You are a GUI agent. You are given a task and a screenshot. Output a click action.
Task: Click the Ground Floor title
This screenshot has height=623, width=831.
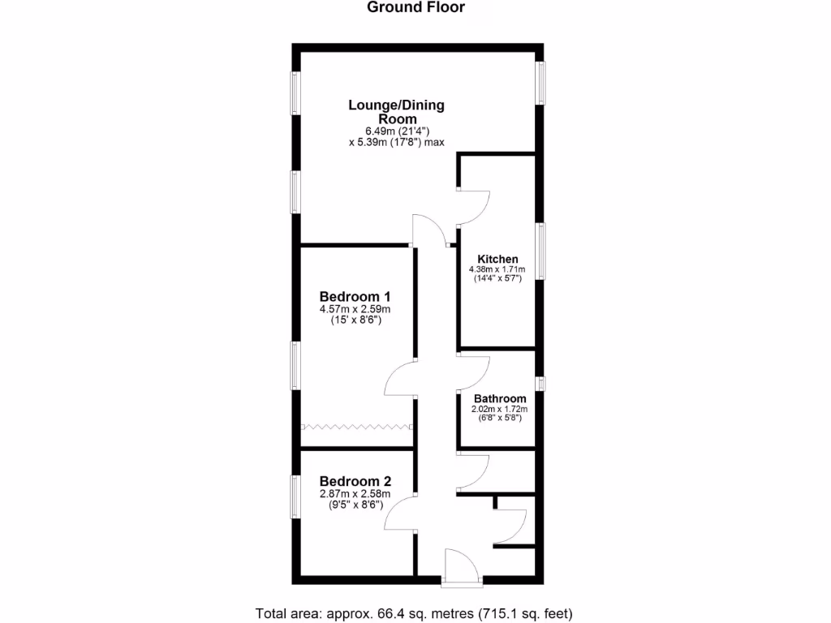click(x=415, y=8)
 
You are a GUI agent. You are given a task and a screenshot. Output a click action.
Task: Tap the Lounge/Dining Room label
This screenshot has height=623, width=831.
click(x=397, y=112)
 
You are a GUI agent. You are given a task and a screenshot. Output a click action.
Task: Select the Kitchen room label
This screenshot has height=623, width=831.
click(x=497, y=259)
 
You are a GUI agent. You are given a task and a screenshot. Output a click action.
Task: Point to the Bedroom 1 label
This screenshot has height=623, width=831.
click(x=355, y=295)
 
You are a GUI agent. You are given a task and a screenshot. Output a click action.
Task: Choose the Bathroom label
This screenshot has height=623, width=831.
click(x=500, y=398)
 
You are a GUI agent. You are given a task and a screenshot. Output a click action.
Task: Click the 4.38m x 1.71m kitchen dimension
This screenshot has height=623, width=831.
click(x=497, y=270)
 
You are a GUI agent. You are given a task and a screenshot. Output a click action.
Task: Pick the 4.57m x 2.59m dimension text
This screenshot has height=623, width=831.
click(x=355, y=309)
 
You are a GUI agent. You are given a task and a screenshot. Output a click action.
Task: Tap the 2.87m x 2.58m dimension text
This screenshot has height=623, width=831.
click(x=355, y=493)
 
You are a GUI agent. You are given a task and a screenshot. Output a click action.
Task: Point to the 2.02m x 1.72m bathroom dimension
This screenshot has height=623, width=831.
click(x=500, y=409)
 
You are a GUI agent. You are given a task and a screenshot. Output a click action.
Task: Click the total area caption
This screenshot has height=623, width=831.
click(x=415, y=612)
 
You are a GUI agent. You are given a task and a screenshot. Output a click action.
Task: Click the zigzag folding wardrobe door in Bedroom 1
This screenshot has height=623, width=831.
click(x=356, y=426)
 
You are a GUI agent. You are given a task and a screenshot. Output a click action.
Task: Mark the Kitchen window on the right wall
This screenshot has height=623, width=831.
click(x=541, y=251)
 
